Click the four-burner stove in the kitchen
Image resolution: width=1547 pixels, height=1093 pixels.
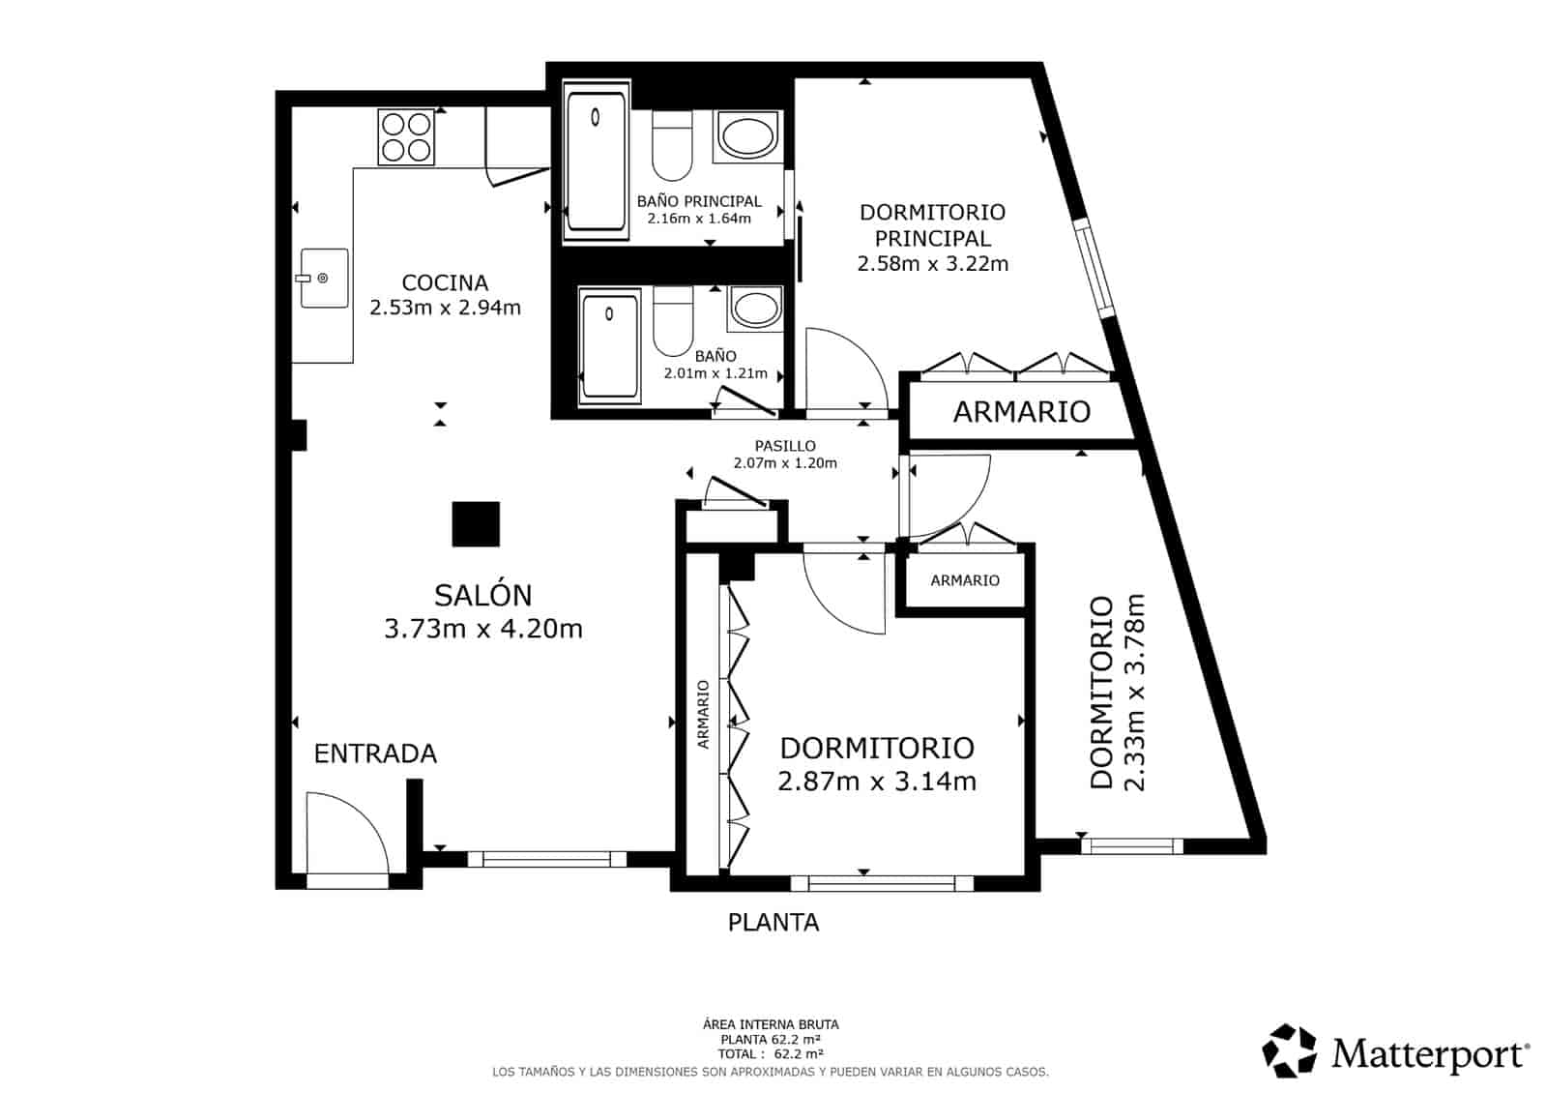406,137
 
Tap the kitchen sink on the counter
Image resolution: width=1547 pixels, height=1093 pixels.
324,279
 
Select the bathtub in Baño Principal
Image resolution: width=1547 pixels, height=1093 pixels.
596,161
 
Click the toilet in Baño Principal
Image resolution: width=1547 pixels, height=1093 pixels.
672,145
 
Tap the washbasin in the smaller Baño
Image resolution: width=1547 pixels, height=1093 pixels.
757,310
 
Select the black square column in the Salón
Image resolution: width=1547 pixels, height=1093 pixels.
476,524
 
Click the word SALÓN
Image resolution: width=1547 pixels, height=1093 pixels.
482,595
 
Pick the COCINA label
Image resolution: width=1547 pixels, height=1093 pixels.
445,282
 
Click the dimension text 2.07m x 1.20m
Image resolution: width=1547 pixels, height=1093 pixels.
785,463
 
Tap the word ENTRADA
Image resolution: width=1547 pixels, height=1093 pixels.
375,753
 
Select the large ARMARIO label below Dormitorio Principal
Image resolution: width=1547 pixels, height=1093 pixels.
1021,412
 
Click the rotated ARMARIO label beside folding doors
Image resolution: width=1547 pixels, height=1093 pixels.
703,714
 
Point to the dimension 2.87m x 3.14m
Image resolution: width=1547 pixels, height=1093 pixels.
876,781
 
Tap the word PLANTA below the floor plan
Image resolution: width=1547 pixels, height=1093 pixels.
773,923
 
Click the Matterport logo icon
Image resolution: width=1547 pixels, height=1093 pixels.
1290,1051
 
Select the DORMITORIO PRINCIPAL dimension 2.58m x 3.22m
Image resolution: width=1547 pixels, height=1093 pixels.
932,263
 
